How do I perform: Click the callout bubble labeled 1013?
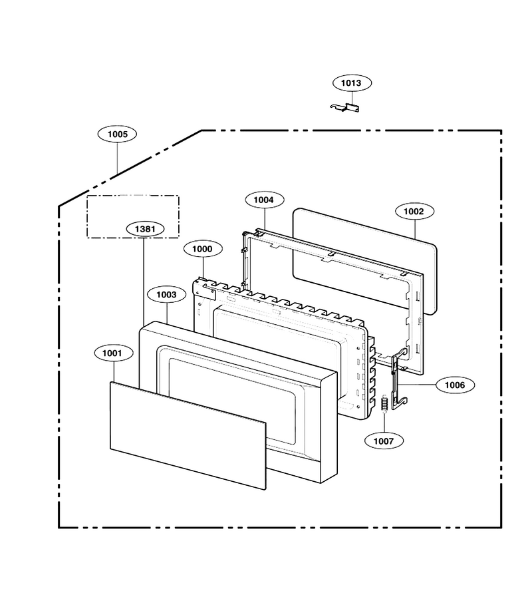coord(352,83)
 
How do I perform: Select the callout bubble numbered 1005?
coord(117,134)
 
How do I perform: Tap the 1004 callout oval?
coord(264,200)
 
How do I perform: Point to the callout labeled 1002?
coord(414,211)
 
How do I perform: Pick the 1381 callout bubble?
coord(145,229)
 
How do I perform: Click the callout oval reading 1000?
coord(203,249)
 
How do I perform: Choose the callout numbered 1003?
coord(167,295)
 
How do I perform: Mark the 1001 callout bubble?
coord(113,353)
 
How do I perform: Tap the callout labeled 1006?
coord(456,385)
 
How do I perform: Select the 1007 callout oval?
coord(384,441)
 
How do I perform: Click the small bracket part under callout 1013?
coord(345,108)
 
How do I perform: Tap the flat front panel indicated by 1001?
coord(188,435)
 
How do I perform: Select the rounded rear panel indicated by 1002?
coord(365,261)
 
